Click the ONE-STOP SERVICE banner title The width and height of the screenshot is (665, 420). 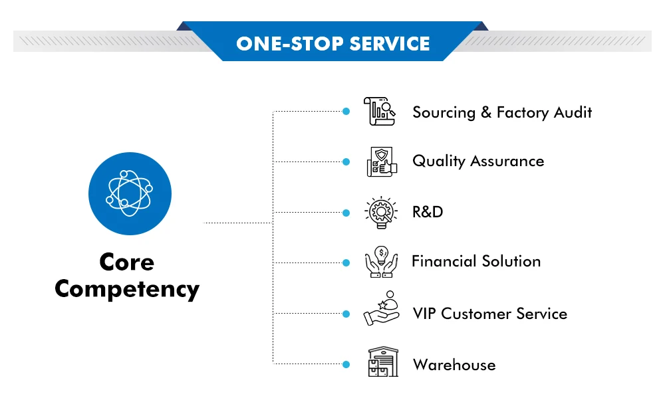point(332,44)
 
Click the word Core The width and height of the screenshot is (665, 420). point(126,262)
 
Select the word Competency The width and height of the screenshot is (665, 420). point(127,289)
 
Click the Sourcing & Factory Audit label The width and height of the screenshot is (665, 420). point(502,112)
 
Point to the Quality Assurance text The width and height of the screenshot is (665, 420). point(478,161)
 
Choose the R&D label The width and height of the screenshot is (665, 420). point(428,213)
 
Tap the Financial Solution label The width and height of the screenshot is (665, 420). point(476,261)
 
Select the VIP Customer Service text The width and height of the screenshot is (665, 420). point(489,314)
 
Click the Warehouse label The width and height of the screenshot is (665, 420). point(454,365)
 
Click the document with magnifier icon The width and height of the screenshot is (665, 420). point(379,112)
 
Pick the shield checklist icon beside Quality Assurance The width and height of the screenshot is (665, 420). point(381,161)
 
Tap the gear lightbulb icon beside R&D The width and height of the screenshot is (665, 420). point(381,213)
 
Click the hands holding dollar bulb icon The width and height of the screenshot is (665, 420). point(381,262)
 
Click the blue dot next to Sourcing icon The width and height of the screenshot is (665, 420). point(346,112)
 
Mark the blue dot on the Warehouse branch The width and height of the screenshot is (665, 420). point(346,364)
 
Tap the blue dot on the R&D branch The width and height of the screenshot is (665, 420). point(346,213)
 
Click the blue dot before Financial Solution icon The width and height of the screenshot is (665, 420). point(346,262)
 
